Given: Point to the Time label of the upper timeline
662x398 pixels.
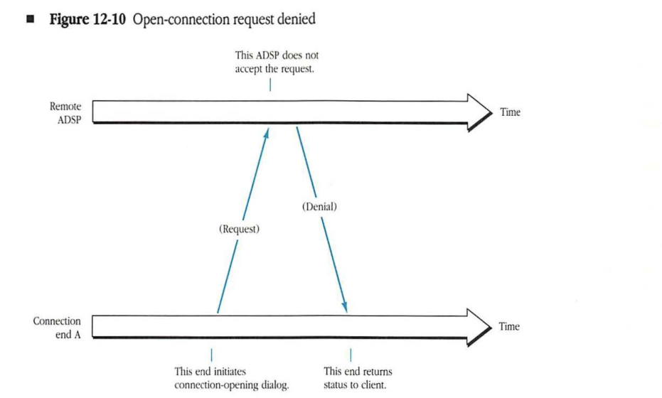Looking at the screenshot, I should [510, 112].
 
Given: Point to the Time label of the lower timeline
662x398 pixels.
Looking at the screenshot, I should [510, 327].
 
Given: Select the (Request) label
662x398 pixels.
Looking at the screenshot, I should [238, 230].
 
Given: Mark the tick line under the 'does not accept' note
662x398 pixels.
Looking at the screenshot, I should [270, 85].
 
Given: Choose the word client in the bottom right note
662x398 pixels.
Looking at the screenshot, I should [378, 385].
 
